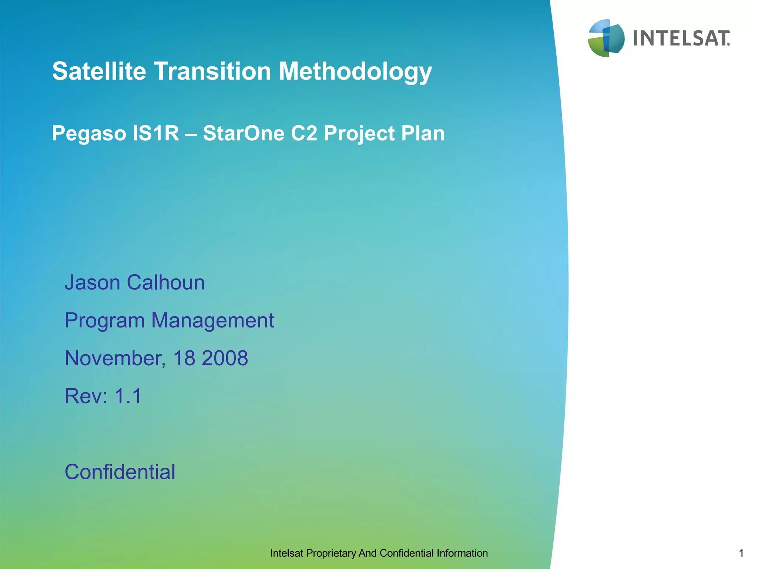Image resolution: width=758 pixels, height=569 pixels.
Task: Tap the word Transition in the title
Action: pyautogui.click(x=212, y=71)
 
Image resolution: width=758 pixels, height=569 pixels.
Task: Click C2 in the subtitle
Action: pyautogui.click(x=304, y=133)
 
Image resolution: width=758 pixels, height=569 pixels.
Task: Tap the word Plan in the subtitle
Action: pyautogui.click(x=423, y=133)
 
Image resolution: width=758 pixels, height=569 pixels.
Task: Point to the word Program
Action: pyautogui.click(x=104, y=321)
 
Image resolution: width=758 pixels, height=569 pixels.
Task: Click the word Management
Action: pyautogui.click(x=212, y=320)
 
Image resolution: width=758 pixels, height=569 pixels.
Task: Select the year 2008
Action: pyautogui.click(x=225, y=358)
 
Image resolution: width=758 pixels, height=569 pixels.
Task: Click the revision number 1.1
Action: pyautogui.click(x=128, y=396)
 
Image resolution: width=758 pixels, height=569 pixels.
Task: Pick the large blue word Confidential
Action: pyautogui.click(x=120, y=472)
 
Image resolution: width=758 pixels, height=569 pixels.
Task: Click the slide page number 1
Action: pyautogui.click(x=741, y=553)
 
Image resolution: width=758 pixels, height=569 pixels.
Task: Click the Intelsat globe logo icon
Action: pyautogui.click(x=606, y=38)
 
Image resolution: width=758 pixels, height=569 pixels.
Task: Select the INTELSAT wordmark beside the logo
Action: pyautogui.click(x=681, y=39)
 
